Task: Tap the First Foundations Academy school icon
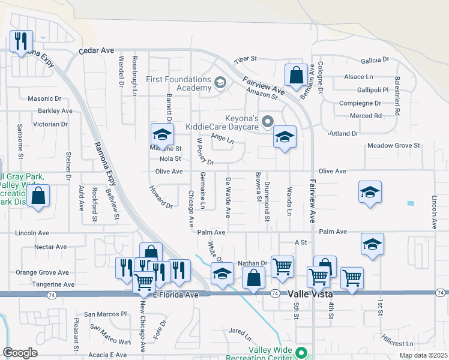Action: pyautogui.click(x=220, y=82)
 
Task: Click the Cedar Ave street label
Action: pyautogui.click(x=97, y=52)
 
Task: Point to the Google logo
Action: pyautogui.click(x=20, y=353)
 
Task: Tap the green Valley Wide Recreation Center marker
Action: pyautogui.click(x=302, y=353)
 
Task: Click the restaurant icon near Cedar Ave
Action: pyautogui.click(x=22, y=41)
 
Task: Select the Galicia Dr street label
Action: pyautogui.click(x=375, y=61)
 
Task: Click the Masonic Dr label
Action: pyautogui.click(x=41, y=98)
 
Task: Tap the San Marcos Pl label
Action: pyautogui.click(x=106, y=314)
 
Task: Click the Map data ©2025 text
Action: pyautogui.click(x=423, y=355)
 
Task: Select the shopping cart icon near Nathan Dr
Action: pyautogui.click(x=282, y=266)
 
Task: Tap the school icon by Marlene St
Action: pyautogui.click(x=162, y=134)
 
